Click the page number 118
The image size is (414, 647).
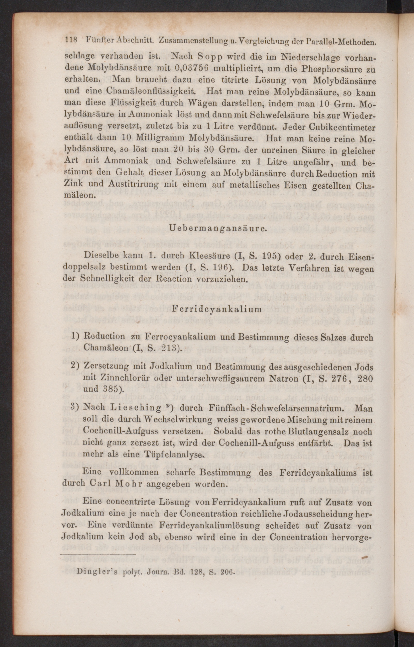[x=71, y=41]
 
